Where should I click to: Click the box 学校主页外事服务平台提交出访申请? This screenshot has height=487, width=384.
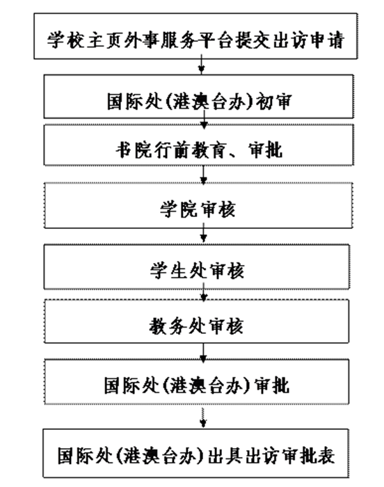(x=195, y=35)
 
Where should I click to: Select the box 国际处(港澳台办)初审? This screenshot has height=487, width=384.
(x=198, y=96)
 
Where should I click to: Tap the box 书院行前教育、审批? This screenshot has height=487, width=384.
(x=198, y=145)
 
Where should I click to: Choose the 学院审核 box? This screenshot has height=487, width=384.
(x=198, y=206)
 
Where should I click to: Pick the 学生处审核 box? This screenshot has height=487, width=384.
(x=196, y=267)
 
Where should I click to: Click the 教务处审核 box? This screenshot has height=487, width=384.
(x=196, y=321)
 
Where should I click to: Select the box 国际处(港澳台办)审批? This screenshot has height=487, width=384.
(x=196, y=382)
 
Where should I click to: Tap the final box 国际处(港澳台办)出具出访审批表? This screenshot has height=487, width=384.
(x=195, y=454)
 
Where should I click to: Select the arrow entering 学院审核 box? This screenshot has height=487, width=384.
(x=204, y=175)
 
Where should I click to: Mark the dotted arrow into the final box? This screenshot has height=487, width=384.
(x=203, y=417)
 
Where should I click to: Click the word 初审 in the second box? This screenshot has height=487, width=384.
(x=273, y=102)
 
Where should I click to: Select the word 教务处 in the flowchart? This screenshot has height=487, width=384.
(x=177, y=326)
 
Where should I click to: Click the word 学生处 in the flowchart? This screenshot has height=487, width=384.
(x=178, y=271)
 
